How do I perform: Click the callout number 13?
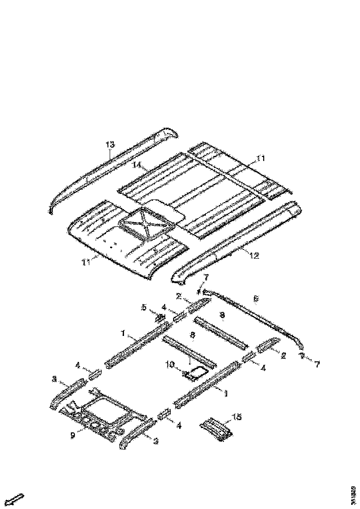click(x=110, y=145)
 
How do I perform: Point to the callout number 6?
click(x=256, y=299)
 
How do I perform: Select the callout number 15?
click(x=236, y=417)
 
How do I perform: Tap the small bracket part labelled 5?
click(x=159, y=317)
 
